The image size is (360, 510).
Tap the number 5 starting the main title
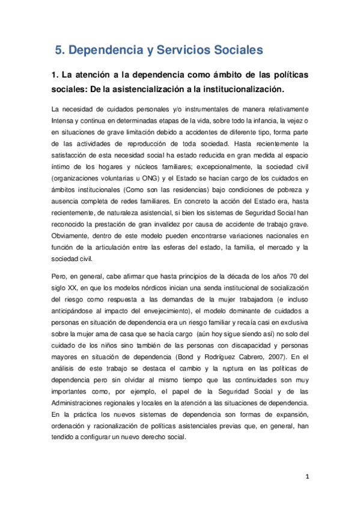(58, 51)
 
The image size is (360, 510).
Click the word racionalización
(116, 426)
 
